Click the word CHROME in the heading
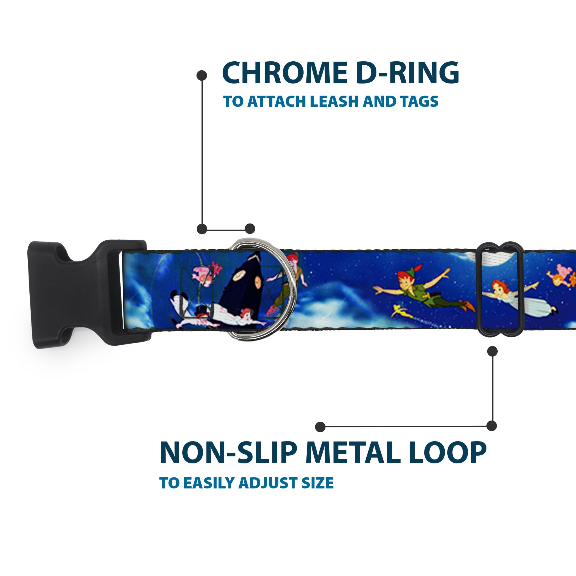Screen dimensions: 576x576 (285, 73)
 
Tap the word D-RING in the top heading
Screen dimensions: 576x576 (407, 73)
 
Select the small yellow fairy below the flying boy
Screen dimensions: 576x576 (400, 310)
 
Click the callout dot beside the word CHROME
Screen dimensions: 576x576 (202, 75)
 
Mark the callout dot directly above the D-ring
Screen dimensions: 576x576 (250, 229)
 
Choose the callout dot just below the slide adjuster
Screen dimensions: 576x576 (492, 351)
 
